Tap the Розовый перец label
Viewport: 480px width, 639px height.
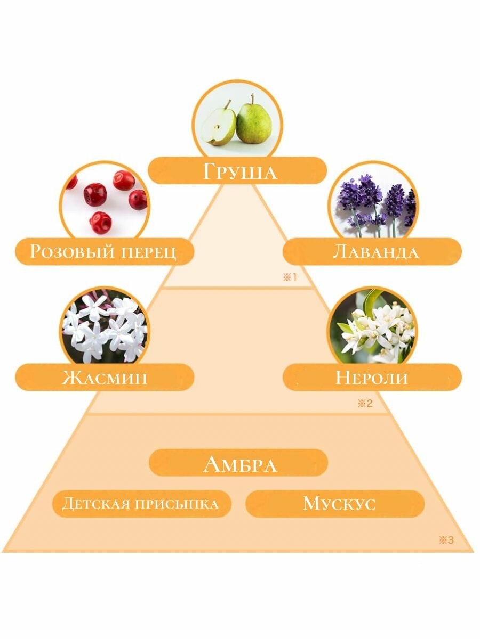103,251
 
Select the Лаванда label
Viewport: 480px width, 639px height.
375,251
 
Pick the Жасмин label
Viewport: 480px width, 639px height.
105,378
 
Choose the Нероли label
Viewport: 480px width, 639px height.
372,378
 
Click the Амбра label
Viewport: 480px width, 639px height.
239,464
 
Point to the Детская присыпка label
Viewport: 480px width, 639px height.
141,504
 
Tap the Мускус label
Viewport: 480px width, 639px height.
340,504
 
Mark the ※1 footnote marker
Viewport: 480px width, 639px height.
289,277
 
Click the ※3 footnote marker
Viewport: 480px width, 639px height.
446,540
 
